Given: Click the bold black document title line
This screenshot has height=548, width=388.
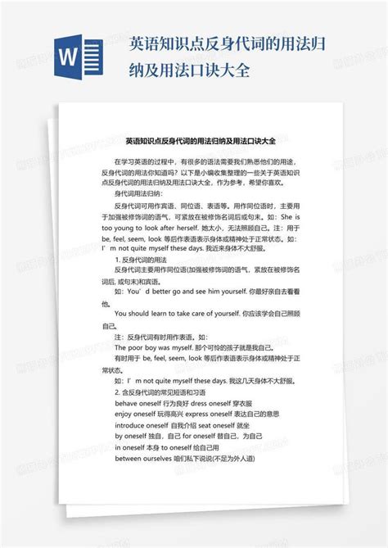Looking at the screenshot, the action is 194,139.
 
